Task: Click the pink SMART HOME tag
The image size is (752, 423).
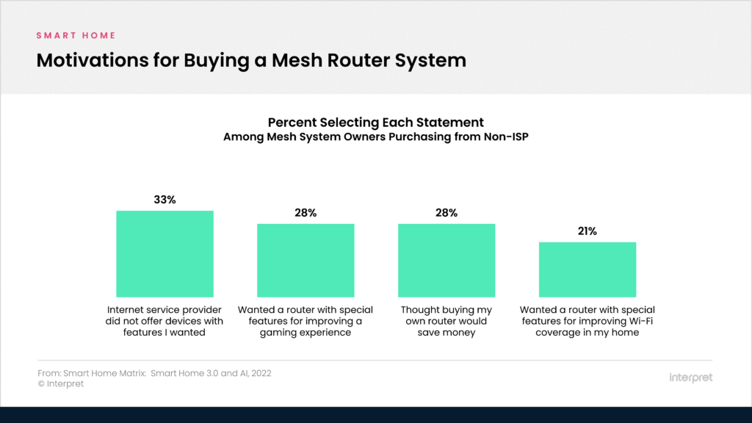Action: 76,35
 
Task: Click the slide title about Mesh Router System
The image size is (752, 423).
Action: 251,60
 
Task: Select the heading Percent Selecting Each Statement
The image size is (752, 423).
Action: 375,122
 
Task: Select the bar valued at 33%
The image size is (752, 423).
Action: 164,253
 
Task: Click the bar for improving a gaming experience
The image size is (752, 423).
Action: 305,260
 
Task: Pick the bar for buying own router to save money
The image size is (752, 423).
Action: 446,260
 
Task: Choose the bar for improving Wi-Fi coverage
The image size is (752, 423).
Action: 587,269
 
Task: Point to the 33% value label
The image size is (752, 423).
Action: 164,200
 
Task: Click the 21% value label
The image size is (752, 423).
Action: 587,231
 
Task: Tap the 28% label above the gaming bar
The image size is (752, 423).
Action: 305,213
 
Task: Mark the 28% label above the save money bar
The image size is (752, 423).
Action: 446,213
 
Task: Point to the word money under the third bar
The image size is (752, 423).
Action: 460,333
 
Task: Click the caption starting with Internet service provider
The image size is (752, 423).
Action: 164,321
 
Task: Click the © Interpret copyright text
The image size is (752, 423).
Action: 60,383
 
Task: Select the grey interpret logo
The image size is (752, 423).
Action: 690,377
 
